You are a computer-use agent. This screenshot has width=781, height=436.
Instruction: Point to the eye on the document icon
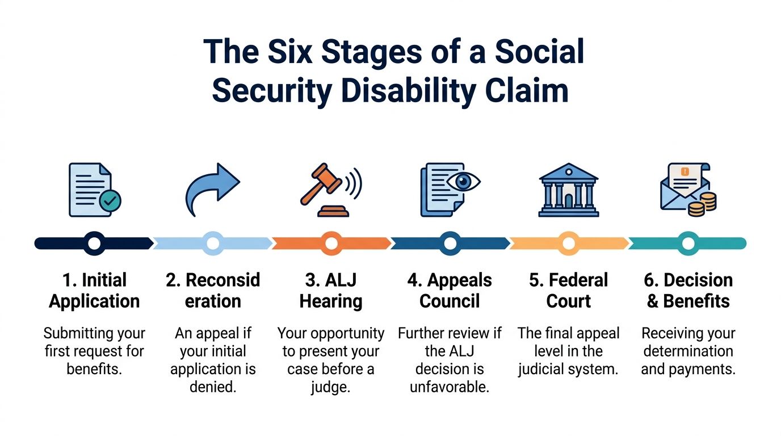coord(463,182)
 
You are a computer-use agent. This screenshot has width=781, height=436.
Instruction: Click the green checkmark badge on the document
coord(110,201)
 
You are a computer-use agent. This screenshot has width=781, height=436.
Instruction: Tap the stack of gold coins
coord(702,204)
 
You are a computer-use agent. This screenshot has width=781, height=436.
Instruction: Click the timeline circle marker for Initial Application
coord(94,244)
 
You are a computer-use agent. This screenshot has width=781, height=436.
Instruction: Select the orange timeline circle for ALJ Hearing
coord(331,244)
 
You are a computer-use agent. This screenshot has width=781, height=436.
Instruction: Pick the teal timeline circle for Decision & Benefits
coord(688,244)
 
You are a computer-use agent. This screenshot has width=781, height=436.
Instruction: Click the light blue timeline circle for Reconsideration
coord(213,244)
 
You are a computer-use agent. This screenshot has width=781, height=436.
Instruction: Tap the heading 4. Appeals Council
coord(450,290)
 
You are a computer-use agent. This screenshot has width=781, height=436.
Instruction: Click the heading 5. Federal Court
coord(569,290)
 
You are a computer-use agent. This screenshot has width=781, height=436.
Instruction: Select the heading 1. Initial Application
coord(94,290)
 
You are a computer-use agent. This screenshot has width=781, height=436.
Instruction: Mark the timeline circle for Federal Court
coord(569,244)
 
